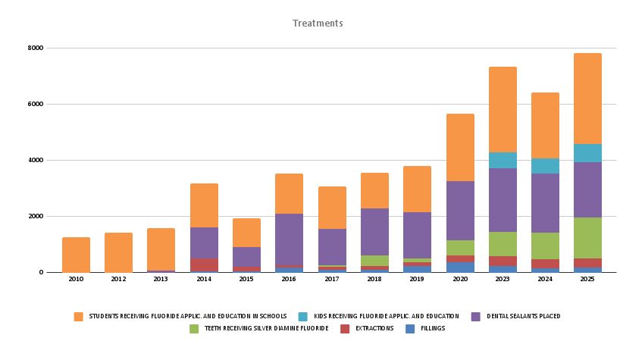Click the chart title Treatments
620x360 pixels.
coord(318,23)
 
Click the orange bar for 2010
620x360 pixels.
coord(76,255)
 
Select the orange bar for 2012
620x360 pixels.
coord(118,252)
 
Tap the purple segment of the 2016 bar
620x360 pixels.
coord(289,239)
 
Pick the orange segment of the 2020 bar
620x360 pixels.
coord(460,148)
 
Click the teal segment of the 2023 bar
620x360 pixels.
coord(503,161)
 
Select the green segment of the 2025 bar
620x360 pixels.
coord(587,238)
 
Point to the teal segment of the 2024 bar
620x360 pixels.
coord(545,166)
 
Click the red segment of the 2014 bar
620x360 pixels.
coord(204,265)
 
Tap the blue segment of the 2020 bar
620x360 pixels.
coord(460,267)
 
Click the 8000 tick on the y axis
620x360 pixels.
coord(36,48)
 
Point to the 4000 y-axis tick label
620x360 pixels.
coord(36,160)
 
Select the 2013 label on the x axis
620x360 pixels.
coord(161,279)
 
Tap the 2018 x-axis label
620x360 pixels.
coord(374,279)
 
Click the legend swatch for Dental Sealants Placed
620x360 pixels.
coord(475,316)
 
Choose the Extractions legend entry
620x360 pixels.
coord(371,328)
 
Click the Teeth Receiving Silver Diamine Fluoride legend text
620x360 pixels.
coord(266,328)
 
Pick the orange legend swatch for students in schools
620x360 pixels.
coord(78,316)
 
